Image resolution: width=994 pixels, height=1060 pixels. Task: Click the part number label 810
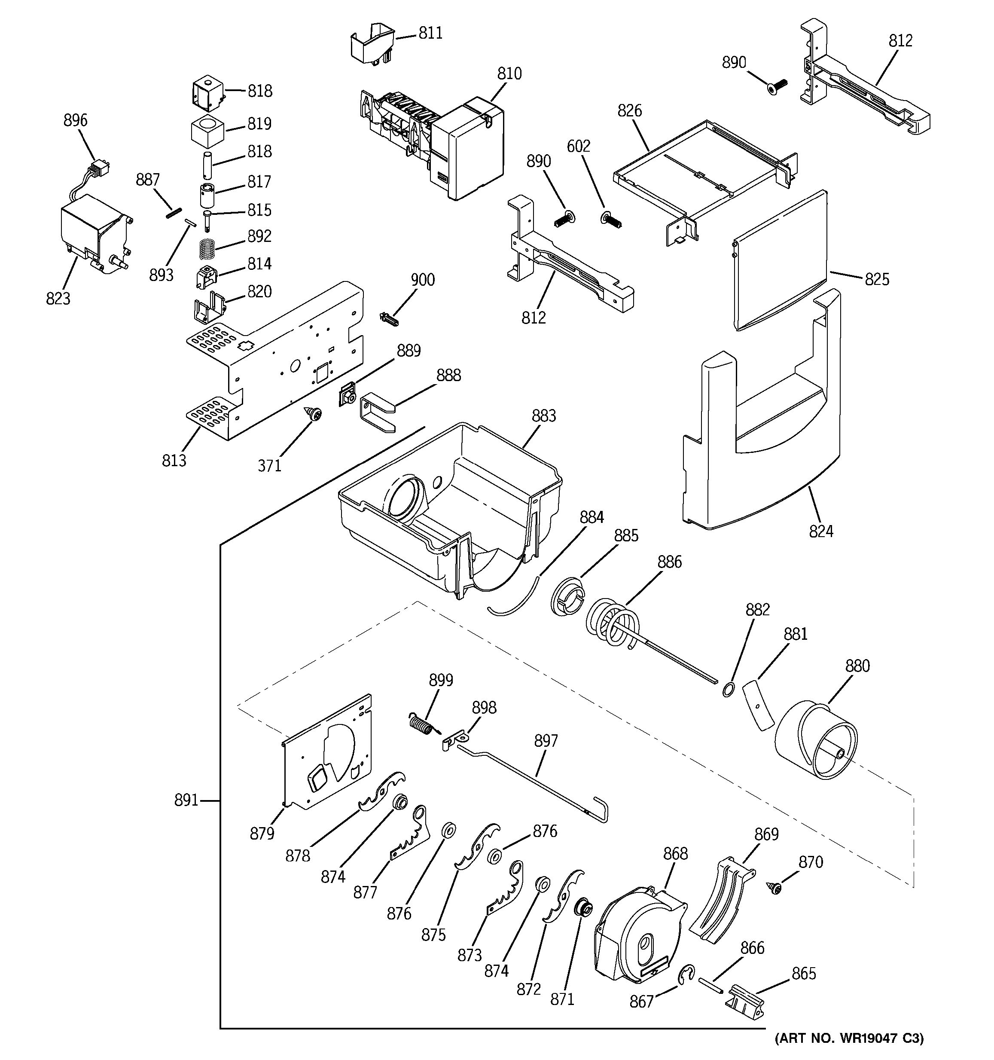pos(509,73)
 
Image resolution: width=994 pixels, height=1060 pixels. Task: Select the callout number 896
pos(75,120)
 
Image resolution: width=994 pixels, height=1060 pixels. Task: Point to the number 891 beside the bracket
pos(186,815)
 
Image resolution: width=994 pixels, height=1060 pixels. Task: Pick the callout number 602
pos(578,146)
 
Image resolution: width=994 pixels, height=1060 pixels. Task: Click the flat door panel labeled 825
pos(781,261)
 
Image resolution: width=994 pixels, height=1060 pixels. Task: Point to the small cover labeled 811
pos(372,45)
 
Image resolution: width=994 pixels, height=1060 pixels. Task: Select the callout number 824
pos(821,531)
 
